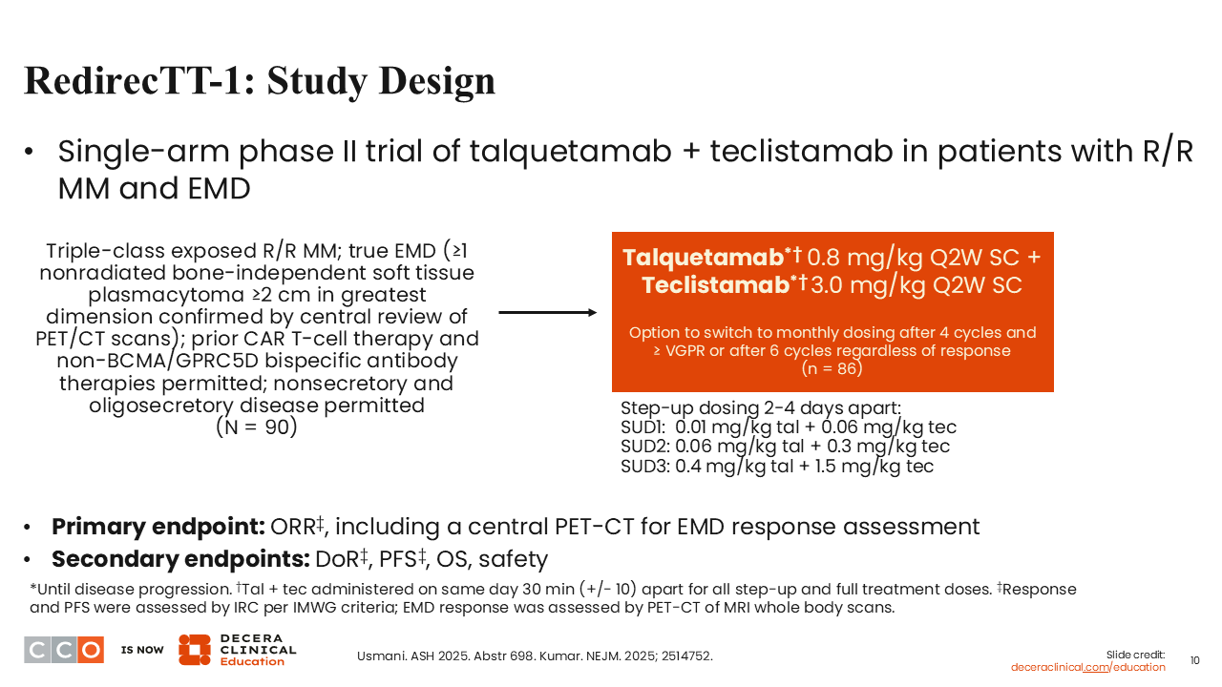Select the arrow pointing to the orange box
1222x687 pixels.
click(x=548, y=312)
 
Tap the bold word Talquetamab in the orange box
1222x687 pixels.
click(x=704, y=258)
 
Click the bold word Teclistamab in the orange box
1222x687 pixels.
click(x=715, y=285)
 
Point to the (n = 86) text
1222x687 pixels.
click(x=832, y=368)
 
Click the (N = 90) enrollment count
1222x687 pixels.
click(x=257, y=427)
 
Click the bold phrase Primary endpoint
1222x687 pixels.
click(x=158, y=528)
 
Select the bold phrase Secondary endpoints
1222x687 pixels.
click(x=180, y=559)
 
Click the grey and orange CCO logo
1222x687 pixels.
click(x=64, y=650)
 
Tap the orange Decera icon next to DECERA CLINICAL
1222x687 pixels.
click(x=195, y=650)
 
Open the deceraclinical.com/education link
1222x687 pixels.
click(x=1087, y=667)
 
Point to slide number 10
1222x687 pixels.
click(x=1194, y=661)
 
